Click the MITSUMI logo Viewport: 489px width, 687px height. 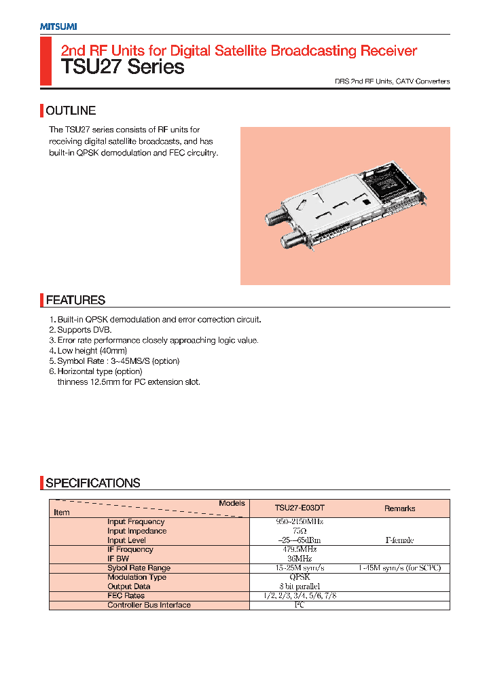(x=58, y=26)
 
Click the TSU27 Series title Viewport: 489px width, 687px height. (x=122, y=67)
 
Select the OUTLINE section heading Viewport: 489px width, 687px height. (x=71, y=111)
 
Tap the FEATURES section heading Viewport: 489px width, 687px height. (x=75, y=300)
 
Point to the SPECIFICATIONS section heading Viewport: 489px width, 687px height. (x=93, y=483)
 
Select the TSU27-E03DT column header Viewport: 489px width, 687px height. (x=300, y=508)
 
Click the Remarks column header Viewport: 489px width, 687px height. (x=399, y=508)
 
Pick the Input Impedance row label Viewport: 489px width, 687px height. (x=137, y=531)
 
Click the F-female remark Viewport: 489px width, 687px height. (x=399, y=540)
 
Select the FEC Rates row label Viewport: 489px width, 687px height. (x=126, y=595)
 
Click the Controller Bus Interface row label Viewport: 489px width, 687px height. (x=149, y=605)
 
